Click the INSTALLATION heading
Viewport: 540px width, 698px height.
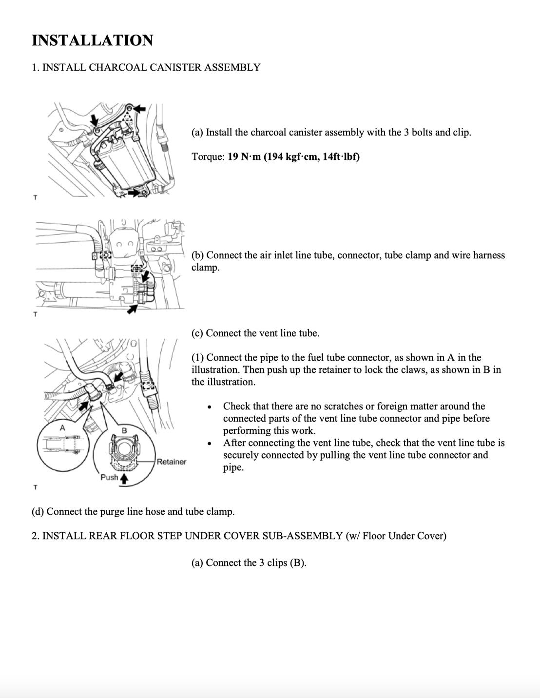click(92, 40)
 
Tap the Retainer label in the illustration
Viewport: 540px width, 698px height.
click(172, 462)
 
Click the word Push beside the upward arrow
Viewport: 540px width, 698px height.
click(109, 477)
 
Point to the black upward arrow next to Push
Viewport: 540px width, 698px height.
click(124, 479)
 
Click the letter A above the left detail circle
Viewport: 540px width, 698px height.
click(62, 427)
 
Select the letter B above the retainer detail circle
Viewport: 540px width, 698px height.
click(124, 430)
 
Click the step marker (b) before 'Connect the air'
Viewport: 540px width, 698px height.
click(197, 255)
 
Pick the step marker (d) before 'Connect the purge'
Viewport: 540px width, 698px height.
click(38, 512)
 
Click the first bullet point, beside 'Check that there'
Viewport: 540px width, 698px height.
click(210, 407)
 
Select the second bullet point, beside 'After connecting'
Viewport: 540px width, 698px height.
click(210, 444)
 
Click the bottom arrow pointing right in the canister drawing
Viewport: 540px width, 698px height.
click(132, 193)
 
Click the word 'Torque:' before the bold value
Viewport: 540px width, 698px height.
click(208, 157)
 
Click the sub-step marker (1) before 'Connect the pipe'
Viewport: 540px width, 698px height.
click(197, 358)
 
